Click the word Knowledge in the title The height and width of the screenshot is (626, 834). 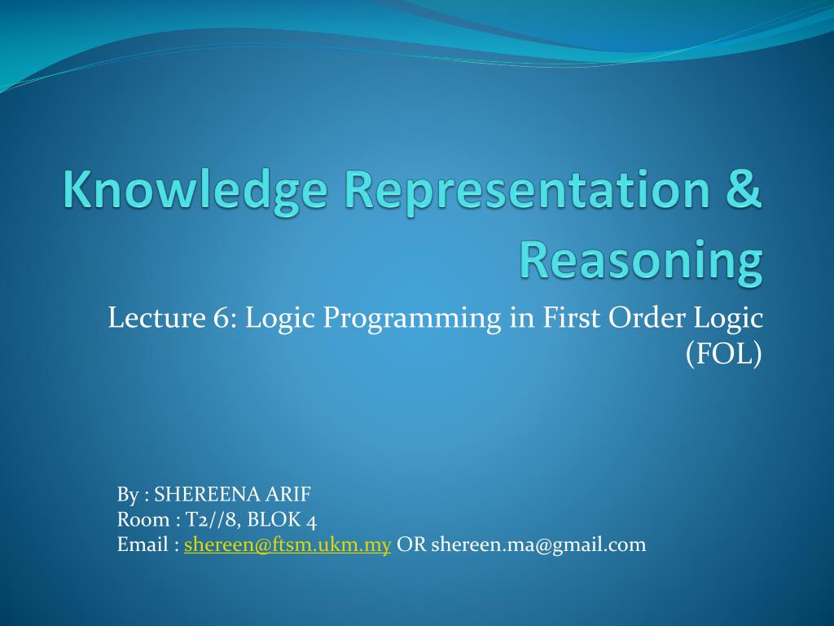click(x=195, y=191)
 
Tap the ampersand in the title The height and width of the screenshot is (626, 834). click(x=744, y=189)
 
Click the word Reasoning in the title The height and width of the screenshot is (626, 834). click(x=642, y=262)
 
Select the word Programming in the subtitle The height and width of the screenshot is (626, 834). click(x=412, y=320)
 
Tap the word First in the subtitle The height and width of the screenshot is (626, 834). click(x=571, y=318)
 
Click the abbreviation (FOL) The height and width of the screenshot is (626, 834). click(x=724, y=354)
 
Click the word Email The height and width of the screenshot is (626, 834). click(x=143, y=544)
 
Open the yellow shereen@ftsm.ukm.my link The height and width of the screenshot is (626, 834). click(x=288, y=545)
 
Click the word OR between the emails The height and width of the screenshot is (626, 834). click(x=411, y=544)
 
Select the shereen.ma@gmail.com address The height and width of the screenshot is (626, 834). click(x=539, y=545)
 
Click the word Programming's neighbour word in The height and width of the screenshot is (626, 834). click(x=522, y=318)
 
